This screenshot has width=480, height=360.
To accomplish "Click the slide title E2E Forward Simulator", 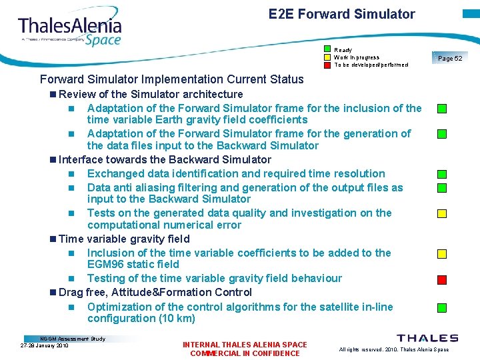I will (x=341, y=14).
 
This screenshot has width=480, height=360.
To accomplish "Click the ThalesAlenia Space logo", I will (x=70, y=30).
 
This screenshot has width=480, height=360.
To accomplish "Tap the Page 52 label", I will (x=450, y=59).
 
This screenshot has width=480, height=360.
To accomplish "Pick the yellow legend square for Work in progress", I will (x=327, y=57).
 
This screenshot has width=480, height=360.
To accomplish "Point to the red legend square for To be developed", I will (x=327, y=65).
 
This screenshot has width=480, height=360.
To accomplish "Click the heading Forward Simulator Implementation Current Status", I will (x=171, y=79).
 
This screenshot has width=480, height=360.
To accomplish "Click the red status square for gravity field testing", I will (x=441, y=279).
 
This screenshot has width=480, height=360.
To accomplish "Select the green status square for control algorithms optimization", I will (x=441, y=308).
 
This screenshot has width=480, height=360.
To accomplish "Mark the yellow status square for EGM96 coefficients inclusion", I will (x=441, y=254).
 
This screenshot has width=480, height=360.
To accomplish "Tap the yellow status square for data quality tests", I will (x=441, y=214).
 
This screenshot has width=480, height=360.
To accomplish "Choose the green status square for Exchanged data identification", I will (x=441, y=175).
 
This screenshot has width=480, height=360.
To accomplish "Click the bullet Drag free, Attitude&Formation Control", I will (x=155, y=292).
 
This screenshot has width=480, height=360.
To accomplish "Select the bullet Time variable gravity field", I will (x=124, y=239).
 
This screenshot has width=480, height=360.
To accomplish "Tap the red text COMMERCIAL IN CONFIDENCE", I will (x=245, y=353).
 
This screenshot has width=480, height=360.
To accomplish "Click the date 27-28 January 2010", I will (x=45, y=345).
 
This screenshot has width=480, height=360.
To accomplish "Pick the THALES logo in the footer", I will (x=427, y=339).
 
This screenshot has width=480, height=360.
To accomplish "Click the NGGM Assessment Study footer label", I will (x=73, y=339).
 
